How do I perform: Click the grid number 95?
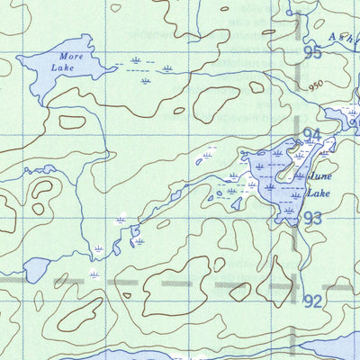(312, 53)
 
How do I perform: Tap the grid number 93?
(312, 219)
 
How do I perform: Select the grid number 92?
(313, 301)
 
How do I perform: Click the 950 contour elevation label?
(315, 87)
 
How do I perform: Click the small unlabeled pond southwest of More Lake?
(35, 268)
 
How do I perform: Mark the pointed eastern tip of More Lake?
(114, 66)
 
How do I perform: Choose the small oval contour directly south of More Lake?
(71, 121)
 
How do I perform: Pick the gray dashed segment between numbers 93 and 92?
(297, 261)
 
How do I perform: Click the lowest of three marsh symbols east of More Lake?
(146, 81)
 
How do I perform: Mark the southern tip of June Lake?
(286, 222)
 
